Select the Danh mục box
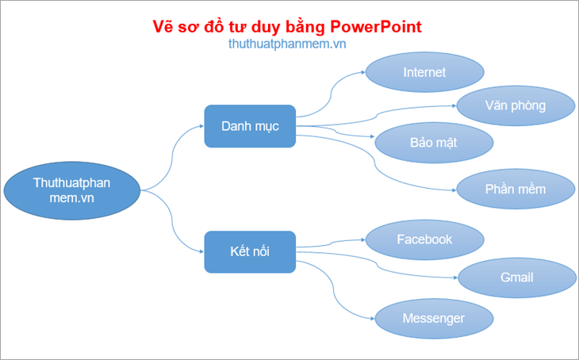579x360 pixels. coord(250,126)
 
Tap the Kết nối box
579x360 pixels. coord(250,253)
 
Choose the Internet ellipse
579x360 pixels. coord(424,72)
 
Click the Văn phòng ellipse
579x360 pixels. coord(516,105)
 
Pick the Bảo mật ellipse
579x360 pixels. coord(434,142)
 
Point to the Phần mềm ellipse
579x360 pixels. coord(516,190)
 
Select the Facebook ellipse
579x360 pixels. coord(424,239)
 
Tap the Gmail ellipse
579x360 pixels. coord(516,277)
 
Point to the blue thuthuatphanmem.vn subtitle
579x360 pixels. coord(286,44)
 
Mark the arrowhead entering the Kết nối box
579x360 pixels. coord(201,253)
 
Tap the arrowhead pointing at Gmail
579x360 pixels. coord(454,277)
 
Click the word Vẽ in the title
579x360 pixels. coord(163,26)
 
